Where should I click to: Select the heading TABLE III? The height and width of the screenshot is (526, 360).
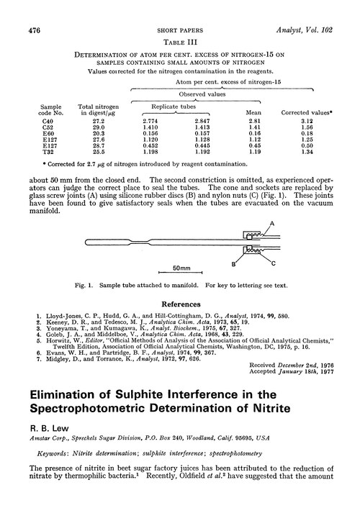pyautogui.click(x=179, y=23)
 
